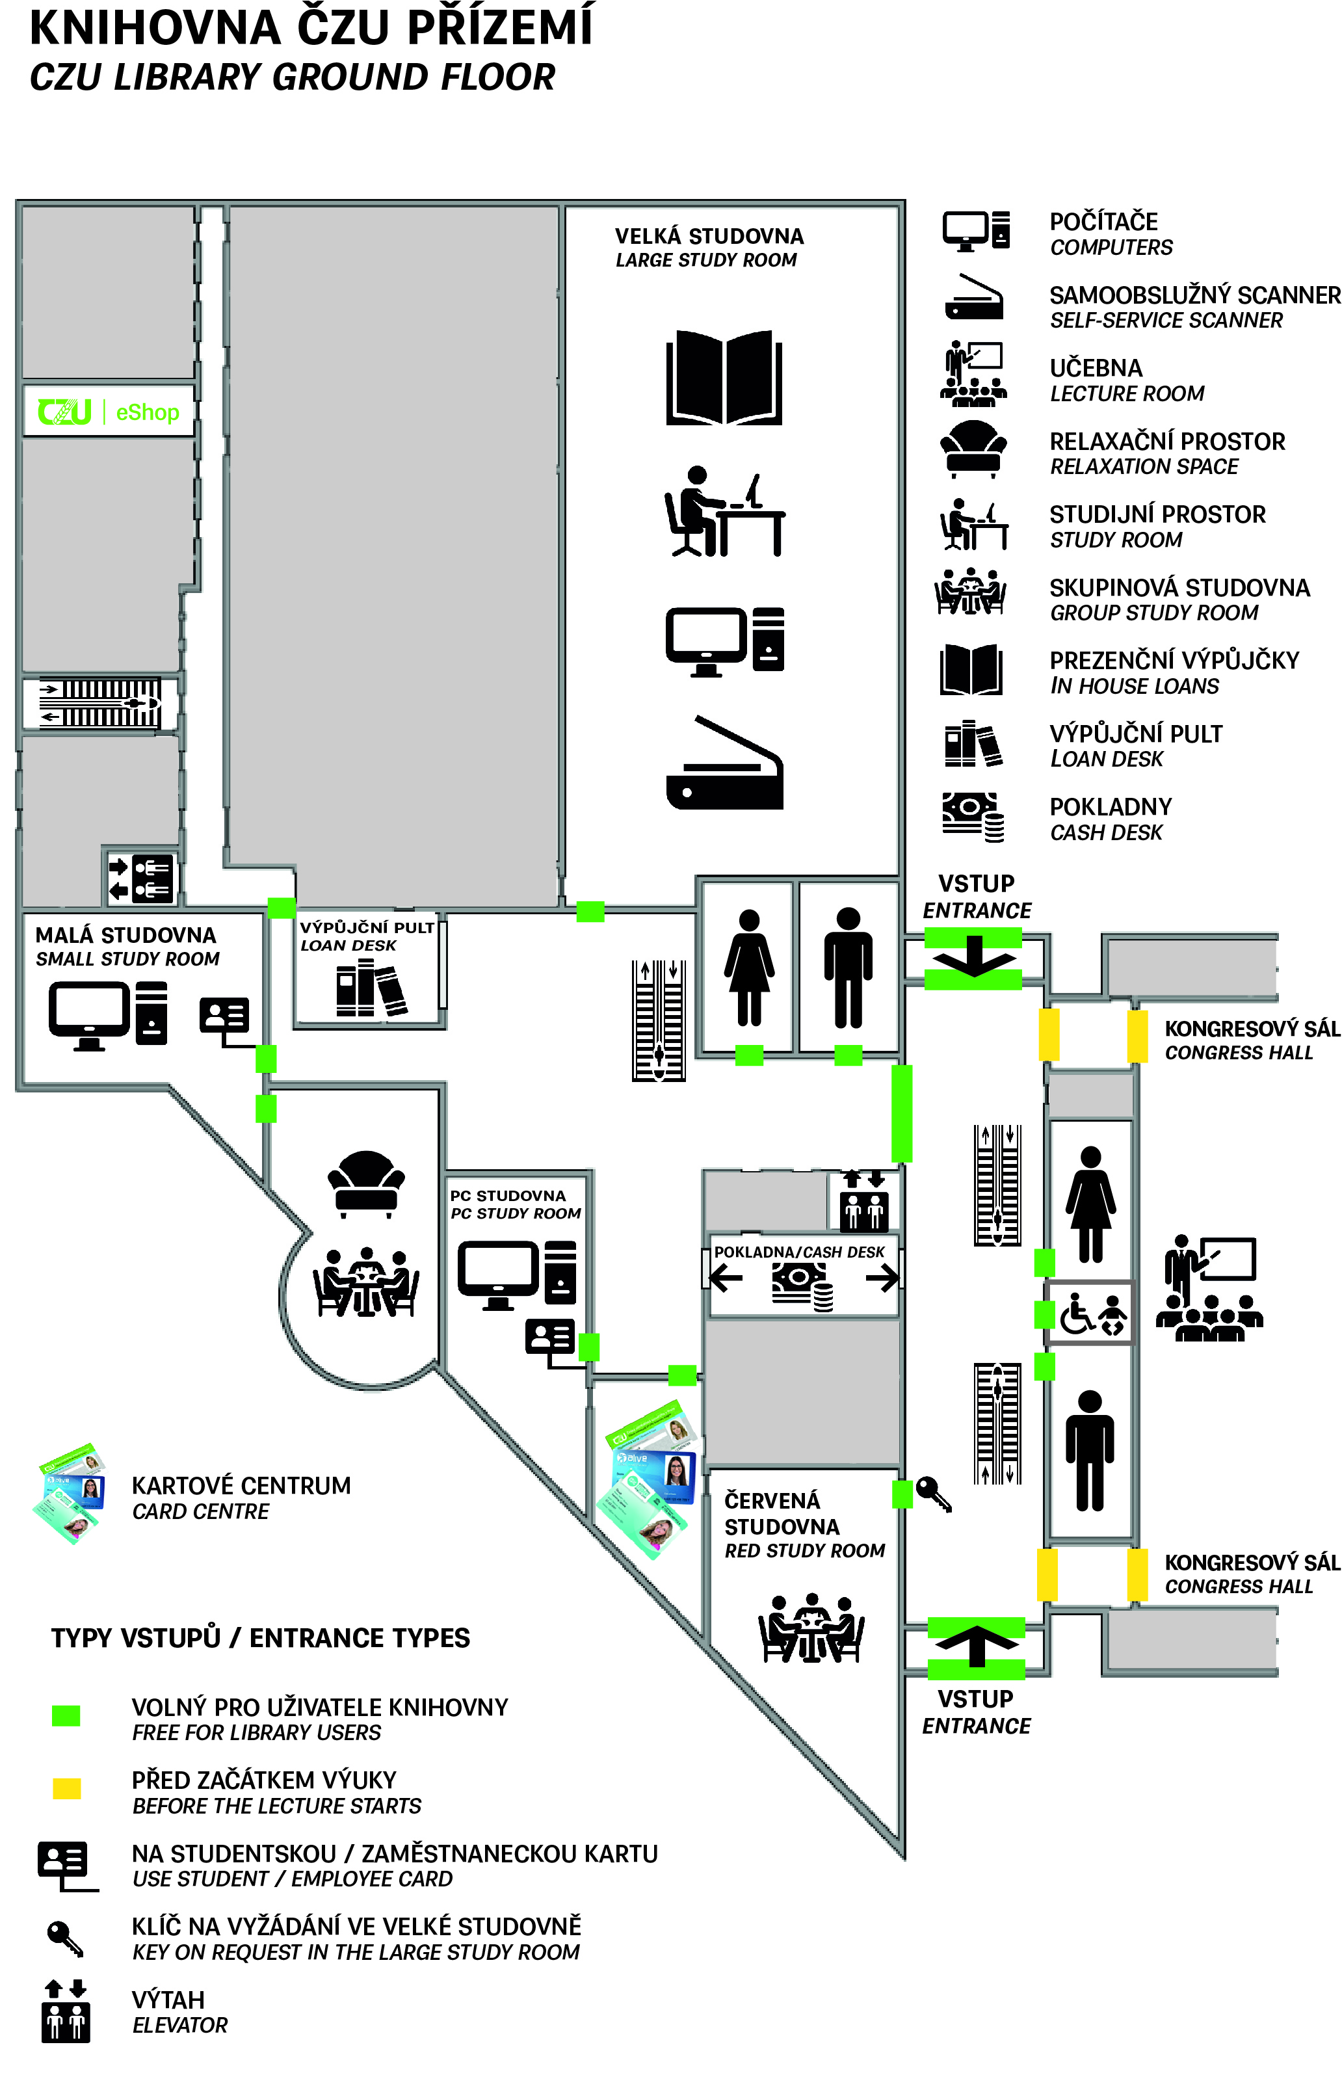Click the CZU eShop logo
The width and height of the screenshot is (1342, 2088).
coord(108,412)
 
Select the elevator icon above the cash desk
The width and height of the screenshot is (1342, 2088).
coord(863,1201)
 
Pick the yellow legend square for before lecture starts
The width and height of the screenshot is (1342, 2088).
coord(66,1788)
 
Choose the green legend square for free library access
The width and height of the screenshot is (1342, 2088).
coord(66,1715)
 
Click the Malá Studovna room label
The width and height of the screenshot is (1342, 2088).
coord(126,935)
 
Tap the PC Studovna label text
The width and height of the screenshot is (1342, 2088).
coord(508,1196)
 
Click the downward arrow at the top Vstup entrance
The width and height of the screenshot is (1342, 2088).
coord(973,957)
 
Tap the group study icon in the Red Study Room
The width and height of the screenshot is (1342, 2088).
coord(810,1627)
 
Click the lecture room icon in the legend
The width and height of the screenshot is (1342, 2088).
coord(973,375)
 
